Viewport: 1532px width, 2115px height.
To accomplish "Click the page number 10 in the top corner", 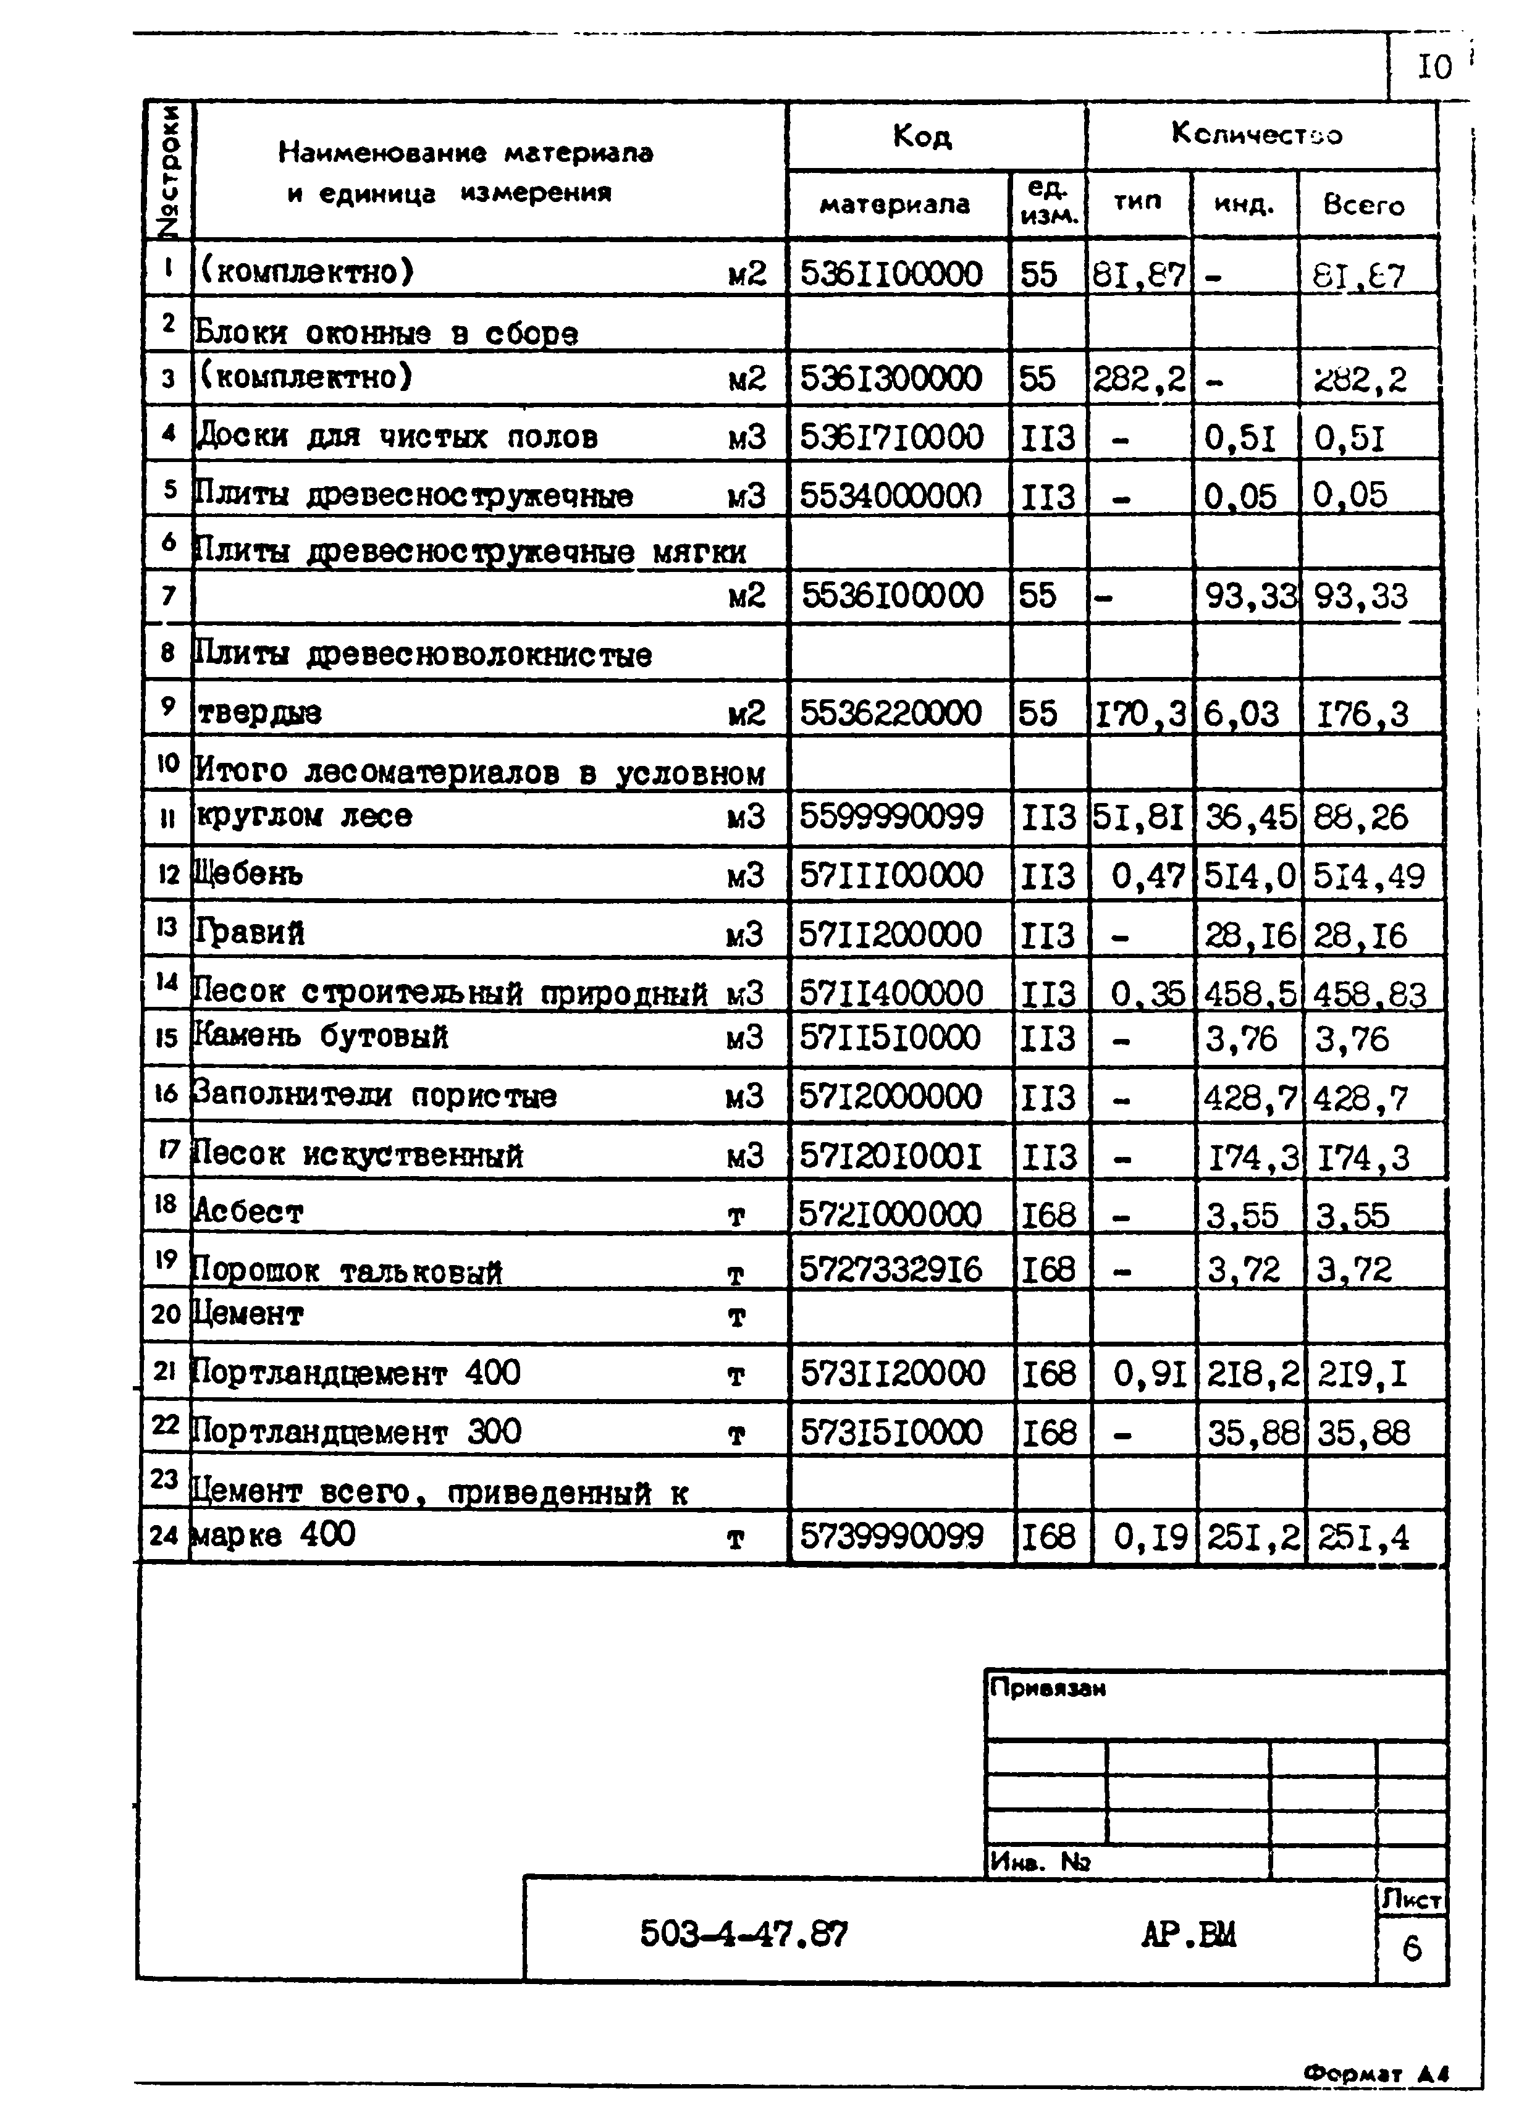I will [x=1434, y=67].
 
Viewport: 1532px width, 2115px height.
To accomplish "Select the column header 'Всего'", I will [x=1363, y=205].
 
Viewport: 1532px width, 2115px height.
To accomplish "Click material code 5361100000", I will [x=891, y=274].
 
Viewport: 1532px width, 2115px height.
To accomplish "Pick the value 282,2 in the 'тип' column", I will [x=1138, y=379].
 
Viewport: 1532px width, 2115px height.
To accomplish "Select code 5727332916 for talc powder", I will [x=891, y=1269].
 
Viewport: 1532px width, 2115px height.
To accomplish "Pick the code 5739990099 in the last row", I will [x=891, y=1536].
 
